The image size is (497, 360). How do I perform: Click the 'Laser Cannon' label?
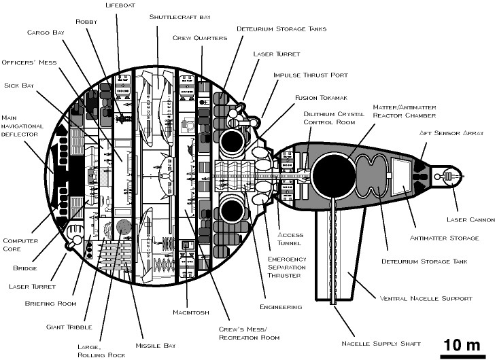[470, 219]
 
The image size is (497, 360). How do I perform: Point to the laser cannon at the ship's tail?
[451, 177]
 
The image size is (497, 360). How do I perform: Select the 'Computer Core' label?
[20, 244]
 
